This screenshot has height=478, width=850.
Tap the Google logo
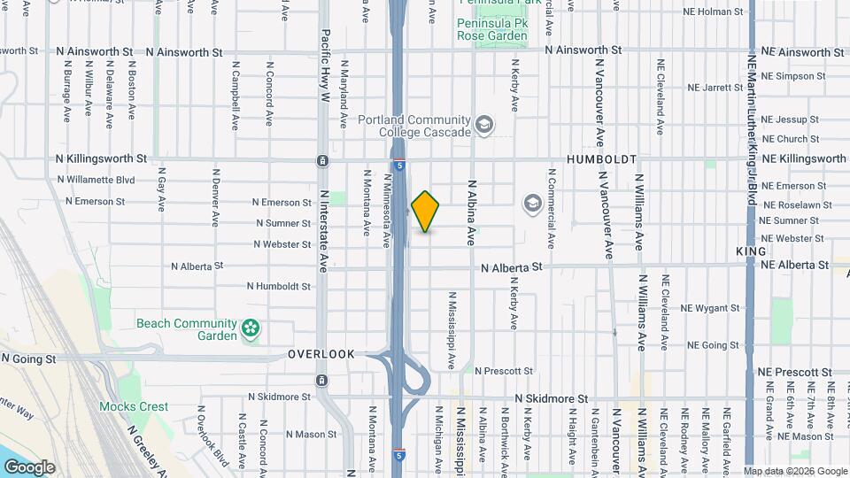click(29, 466)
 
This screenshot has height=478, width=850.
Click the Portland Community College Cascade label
click(413, 126)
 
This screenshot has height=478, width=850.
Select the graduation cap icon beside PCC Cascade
click(484, 125)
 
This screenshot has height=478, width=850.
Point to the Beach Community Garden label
click(186, 329)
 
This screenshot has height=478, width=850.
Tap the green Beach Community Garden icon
click(251, 329)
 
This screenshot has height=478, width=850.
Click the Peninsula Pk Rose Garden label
click(491, 29)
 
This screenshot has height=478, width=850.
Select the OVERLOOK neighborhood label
click(321, 354)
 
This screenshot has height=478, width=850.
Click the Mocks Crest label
click(133, 406)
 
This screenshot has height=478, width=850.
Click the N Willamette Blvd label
click(96, 180)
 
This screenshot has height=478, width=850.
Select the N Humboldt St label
click(279, 286)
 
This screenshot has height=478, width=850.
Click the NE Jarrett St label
click(715, 88)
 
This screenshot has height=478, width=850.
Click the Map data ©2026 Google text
click(794, 471)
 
